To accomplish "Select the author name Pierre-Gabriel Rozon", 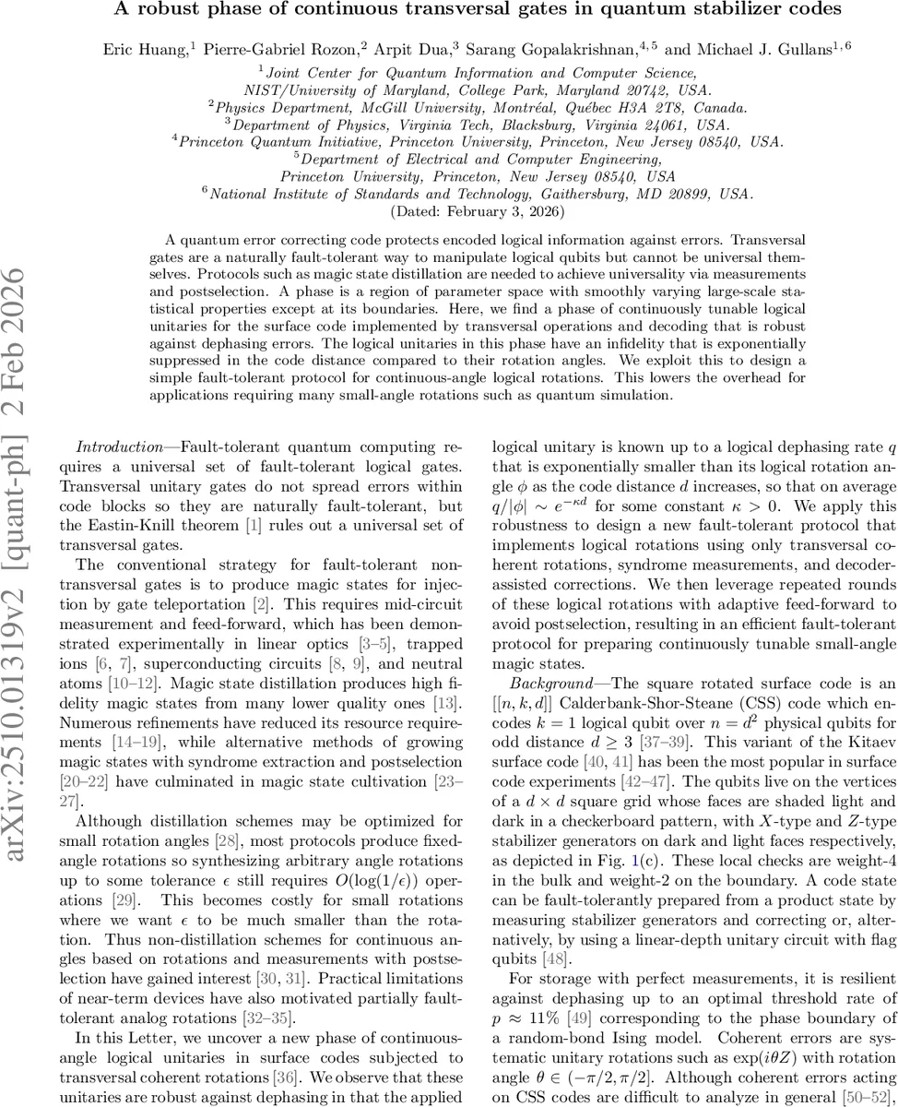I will pos(275,46).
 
